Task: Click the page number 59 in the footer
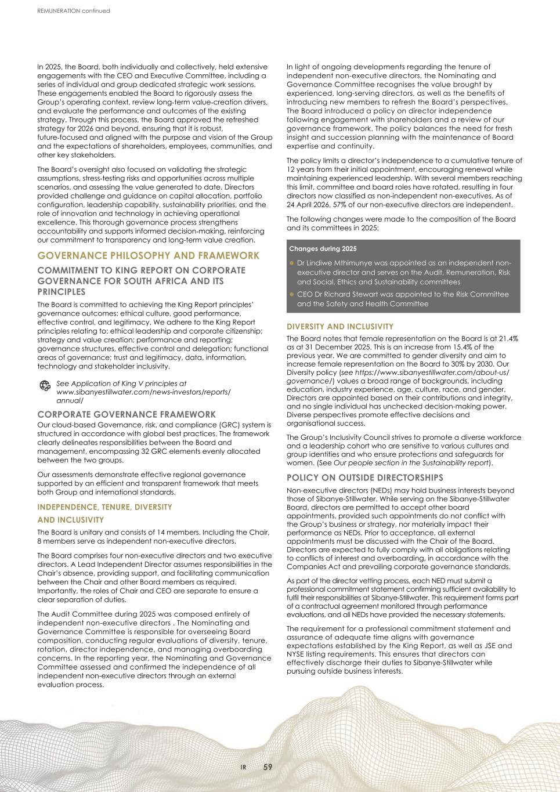click(x=268, y=767)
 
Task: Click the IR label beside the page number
click(x=244, y=768)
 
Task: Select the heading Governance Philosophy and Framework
click(x=148, y=256)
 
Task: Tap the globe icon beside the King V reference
click(x=44, y=386)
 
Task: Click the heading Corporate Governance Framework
click(x=126, y=414)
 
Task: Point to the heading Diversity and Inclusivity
click(x=339, y=327)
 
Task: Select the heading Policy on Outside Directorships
click(x=364, y=478)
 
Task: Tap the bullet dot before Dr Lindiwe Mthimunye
click(x=292, y=263)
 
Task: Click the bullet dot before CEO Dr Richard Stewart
click(x=292, y=294)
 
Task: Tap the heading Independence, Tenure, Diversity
click(x=104, y=507)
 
